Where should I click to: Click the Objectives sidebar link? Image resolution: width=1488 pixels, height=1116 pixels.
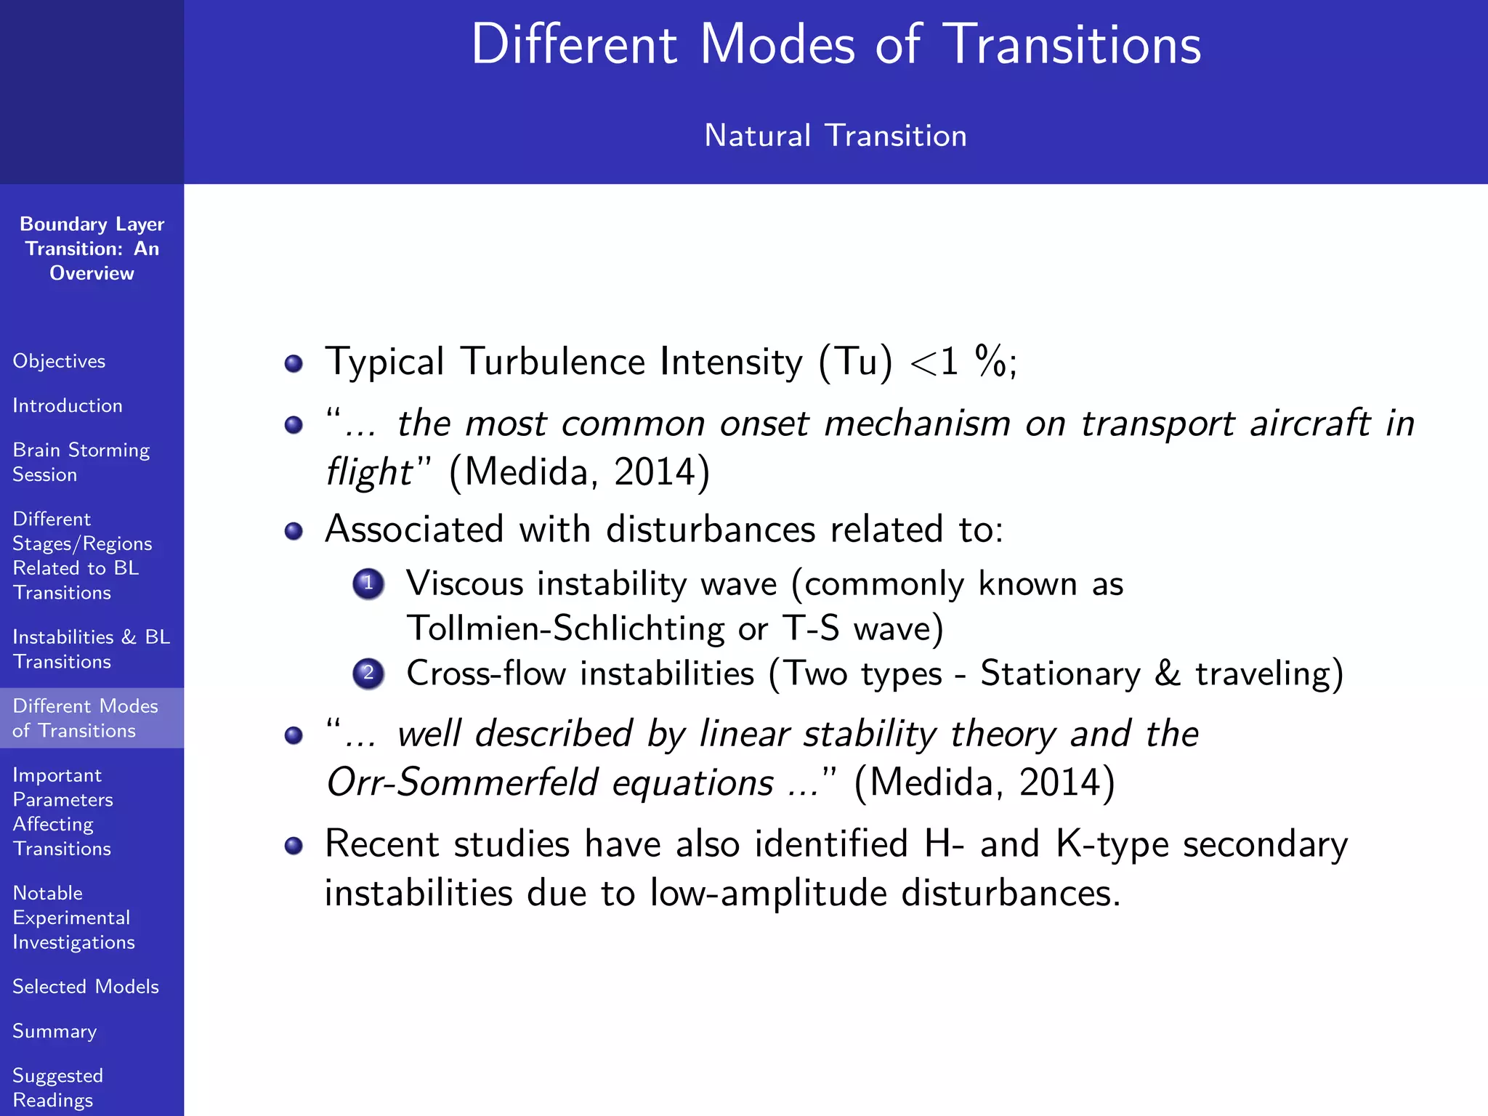click(x=59, y=361)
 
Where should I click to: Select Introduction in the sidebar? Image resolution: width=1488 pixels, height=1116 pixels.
click(x=68, y=405)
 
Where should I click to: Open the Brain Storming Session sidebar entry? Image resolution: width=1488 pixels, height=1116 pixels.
click(x=81, y=462)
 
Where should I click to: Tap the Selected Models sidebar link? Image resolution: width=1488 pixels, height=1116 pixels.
click(x=86, y=987)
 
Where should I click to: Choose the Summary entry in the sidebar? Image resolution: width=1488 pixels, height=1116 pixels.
click(x=54, y=1031)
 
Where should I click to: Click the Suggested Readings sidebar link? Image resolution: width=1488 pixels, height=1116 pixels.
click(x=57, y=1087)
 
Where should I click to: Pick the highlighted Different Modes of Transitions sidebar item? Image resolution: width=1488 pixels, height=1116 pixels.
click(x=85, y=718)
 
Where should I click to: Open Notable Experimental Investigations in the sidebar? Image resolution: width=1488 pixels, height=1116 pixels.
click(x=73, y=917)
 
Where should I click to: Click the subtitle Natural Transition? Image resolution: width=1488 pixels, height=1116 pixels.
click(x=836, y=136)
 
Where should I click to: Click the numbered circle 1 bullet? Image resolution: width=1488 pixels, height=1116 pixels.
click(x=368, y=583)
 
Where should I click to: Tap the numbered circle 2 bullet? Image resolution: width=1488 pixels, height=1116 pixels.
click(x=368, y=674)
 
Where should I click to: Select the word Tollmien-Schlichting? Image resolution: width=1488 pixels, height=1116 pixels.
click(x=565, y=628)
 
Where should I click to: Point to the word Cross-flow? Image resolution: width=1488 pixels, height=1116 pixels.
click(x=485, y=674)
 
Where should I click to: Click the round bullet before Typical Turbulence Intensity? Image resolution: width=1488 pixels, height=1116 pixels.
click(x=294, y=363)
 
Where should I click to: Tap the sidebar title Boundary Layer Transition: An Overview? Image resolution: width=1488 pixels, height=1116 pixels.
click(x=92, y=248)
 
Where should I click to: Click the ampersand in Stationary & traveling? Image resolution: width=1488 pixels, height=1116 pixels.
click(x=1168, y=674)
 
